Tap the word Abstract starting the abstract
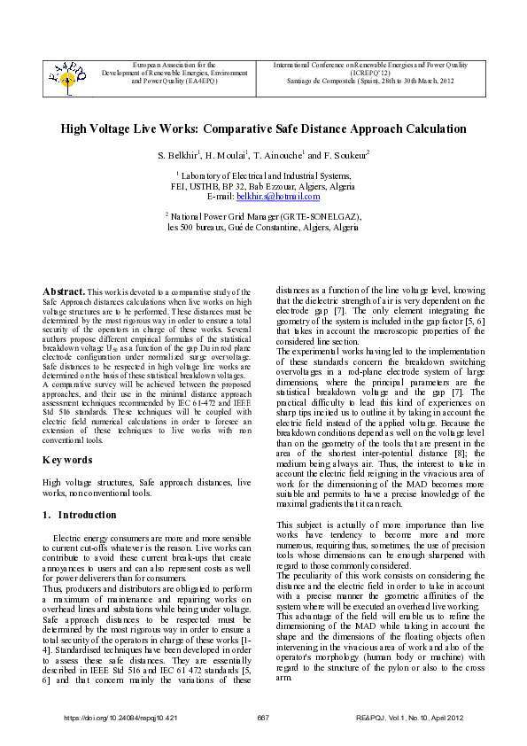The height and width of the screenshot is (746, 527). (65, 291)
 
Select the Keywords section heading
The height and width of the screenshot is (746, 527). (67, 461)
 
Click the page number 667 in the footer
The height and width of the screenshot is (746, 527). (263, 716)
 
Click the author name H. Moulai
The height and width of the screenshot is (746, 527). (229, 155)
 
